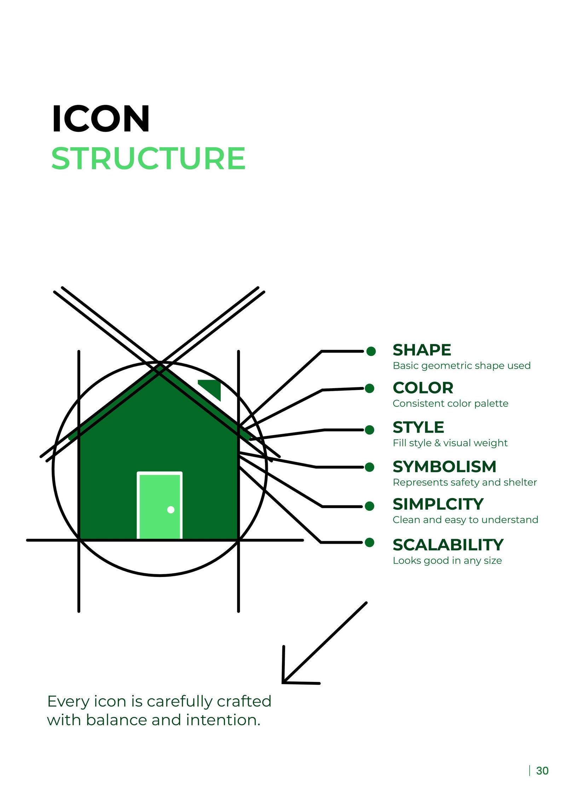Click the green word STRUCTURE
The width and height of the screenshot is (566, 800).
click(x=148, y=158)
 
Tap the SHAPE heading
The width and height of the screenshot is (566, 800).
click(x=422, y=350)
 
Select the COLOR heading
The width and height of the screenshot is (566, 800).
click(x=423, y=388)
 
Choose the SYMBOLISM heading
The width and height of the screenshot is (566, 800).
click(x=444, y=467)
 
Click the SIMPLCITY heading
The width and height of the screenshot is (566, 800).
click(x=438, y=504)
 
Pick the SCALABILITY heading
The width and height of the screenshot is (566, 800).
click(x=448, y=545)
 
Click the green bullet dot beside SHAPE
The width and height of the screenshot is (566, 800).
click(x=371, y=351)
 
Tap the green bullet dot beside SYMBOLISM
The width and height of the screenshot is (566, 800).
click(x=370, y=467)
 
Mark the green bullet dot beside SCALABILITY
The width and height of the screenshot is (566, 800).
click(x=370, y=542)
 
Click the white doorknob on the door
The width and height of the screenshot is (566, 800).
click(x=171, y=509)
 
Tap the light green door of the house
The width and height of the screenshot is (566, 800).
click(x=160, y=505)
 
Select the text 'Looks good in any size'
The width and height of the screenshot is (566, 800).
click(x=447, y=561)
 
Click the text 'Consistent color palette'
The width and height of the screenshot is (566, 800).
click(x=450, y=403)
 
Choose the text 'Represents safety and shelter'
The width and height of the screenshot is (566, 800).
click(x=465, y=482)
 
